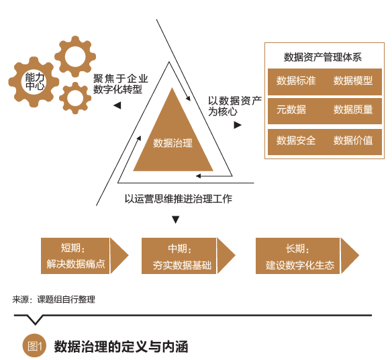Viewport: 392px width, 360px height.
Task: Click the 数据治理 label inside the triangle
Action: click(x=173, y=143)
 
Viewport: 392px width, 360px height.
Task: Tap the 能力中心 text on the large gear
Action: click(x=34, y=81)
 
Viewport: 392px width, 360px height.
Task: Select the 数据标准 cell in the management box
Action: click(x=295, y=81)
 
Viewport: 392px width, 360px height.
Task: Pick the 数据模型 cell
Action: click(x=353, y=81)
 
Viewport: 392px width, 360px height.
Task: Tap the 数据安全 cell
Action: click(x=295, y=141)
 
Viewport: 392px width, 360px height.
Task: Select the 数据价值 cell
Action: click(x=353, y=141)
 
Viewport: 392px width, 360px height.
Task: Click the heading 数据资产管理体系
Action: click(x=323, y=56)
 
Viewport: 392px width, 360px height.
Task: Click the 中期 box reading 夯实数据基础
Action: click(x=178, y=256)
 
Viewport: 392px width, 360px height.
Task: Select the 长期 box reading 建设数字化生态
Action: click(x=299, y=256)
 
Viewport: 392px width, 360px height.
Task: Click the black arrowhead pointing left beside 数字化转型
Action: click(x=117, y=105)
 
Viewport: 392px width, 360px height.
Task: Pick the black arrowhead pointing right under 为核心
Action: click(x=238, y=125)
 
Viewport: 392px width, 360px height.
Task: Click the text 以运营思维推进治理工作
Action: click(x=178, y=199)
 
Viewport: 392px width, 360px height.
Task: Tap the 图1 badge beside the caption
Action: click(x=34, y=346)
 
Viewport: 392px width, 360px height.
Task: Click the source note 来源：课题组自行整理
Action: click(x=54, y=300)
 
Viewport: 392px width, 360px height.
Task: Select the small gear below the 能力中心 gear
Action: click(x=75, y=97)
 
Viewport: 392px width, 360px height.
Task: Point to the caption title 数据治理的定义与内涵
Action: click(x=121, y=347)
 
